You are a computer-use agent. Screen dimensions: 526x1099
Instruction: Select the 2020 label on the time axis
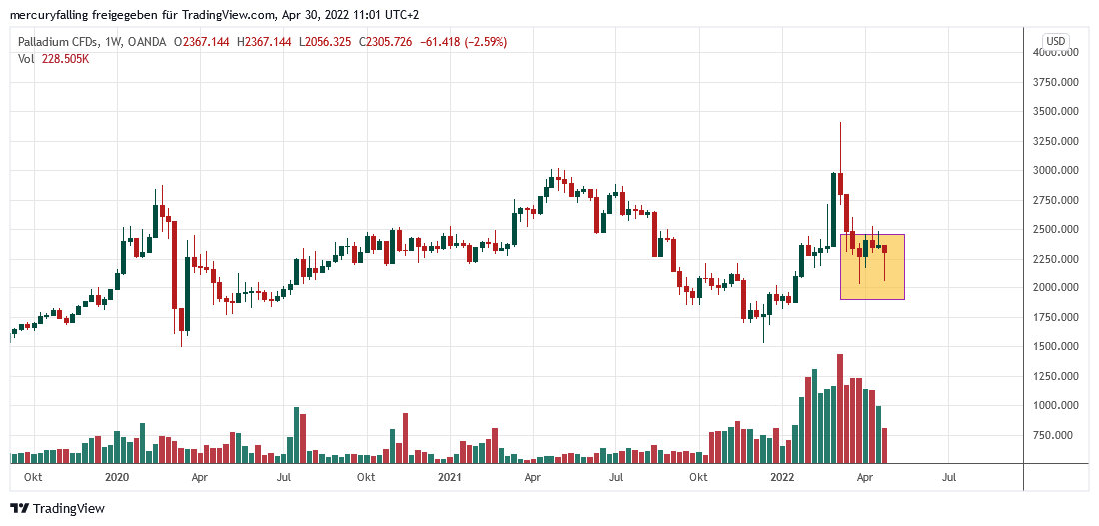118,478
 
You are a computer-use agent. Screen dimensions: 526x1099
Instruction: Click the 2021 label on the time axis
449,478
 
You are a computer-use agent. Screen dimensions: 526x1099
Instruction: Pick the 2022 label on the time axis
781,478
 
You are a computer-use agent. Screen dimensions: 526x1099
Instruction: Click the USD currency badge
1057,41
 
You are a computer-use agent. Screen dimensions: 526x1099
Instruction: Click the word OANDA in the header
147,42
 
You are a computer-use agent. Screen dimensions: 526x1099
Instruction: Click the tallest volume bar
840,409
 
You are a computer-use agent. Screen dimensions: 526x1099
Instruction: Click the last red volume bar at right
885,445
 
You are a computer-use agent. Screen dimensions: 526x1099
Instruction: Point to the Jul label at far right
948,478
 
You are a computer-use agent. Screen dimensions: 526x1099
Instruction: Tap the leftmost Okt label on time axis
34,478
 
